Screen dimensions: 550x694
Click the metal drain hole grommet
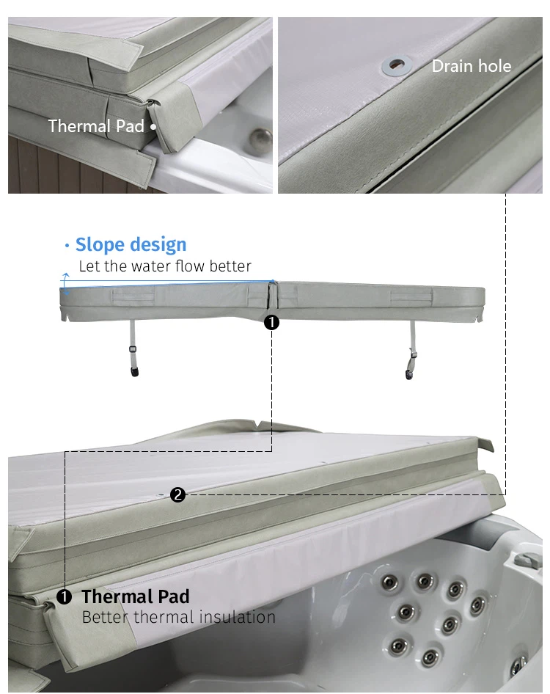point(397,65)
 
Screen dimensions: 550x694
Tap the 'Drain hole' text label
point(472,66)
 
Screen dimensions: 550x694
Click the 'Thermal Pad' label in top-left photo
point(96,126)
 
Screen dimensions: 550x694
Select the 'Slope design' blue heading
point(131,244)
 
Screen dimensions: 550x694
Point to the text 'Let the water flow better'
point(165,266)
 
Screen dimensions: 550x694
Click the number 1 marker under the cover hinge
point(271,322)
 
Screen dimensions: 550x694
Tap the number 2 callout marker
point(178,494)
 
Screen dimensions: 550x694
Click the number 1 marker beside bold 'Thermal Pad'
point(64,597)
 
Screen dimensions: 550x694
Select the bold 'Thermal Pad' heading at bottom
point(136,596)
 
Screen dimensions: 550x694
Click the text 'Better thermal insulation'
point(179,617)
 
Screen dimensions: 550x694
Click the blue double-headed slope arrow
point(65,284)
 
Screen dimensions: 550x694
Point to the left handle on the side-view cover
point(133,296)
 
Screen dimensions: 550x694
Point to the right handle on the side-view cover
point(411,296)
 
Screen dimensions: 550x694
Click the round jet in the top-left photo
point(260,139)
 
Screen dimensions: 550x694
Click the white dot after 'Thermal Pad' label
point(153,127)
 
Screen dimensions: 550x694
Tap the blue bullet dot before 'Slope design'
point(67,245)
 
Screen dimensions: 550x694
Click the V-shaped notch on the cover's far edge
point(257,425)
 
